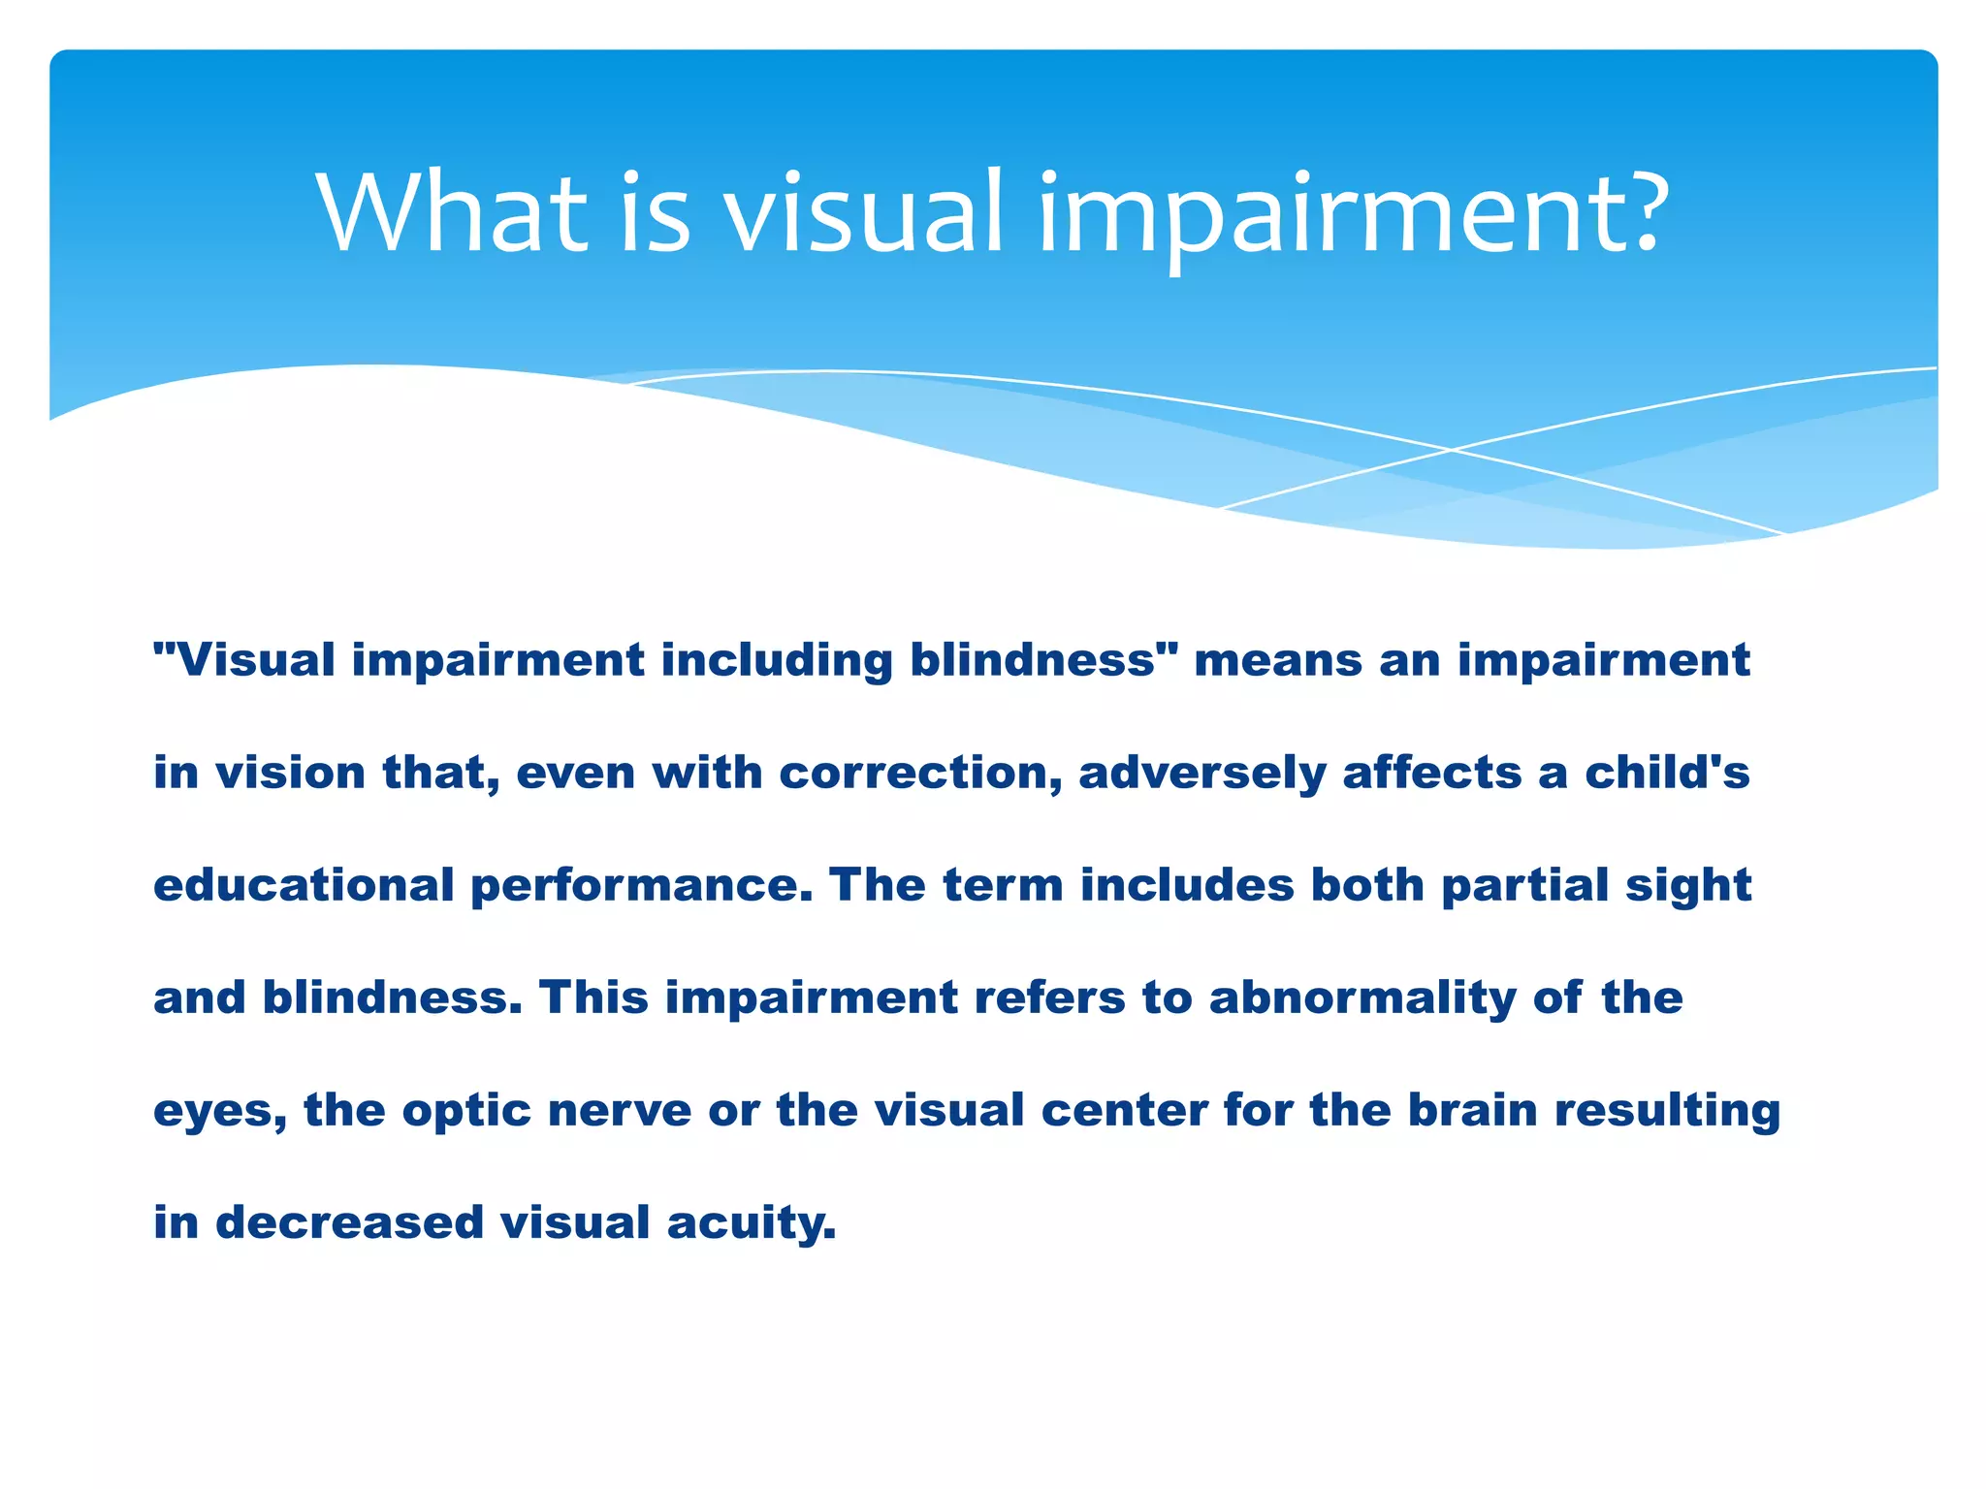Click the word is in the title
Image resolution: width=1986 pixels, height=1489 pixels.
[x=656, y=212]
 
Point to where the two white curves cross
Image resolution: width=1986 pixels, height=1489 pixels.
[x=1452, y=450]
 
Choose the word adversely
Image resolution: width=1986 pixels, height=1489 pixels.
[x=1201, y=774]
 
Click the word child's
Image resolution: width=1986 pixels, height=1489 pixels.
[x=1667, y=774]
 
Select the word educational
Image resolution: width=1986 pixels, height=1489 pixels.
[x=304, y=886]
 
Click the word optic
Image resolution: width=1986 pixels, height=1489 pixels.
[x=466, y=1111]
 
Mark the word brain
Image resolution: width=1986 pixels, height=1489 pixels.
[x=1472, y=1111]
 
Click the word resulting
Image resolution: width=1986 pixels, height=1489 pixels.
[x=1668, y=1111]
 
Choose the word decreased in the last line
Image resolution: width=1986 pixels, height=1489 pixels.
[x=349, y=1223]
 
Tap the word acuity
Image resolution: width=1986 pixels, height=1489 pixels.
[x=751, y=1223]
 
